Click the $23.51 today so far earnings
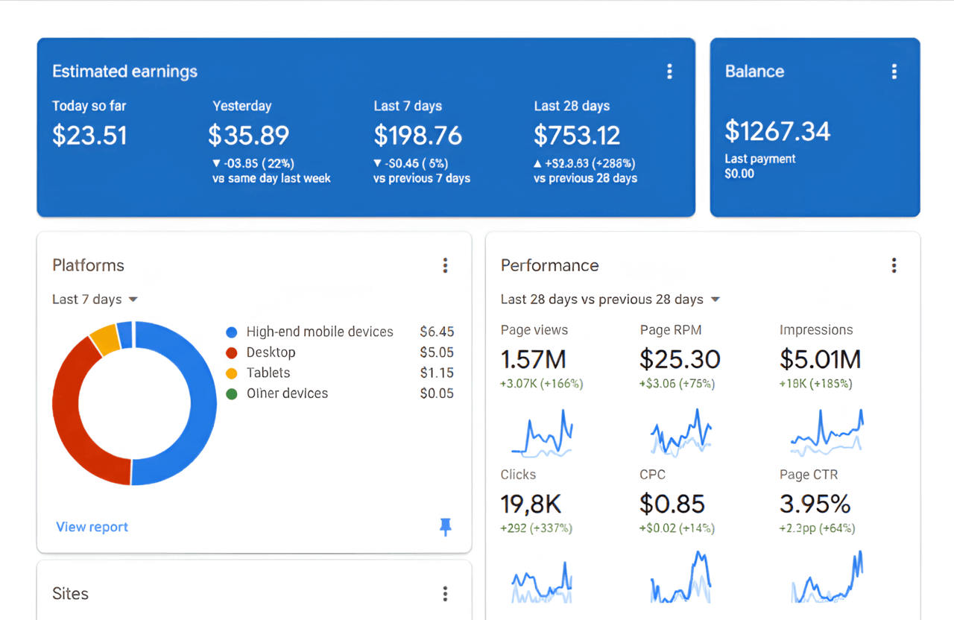(89, 136)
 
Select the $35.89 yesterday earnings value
(248, 136)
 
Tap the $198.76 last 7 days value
(417, 136)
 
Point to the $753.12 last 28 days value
(577, 136)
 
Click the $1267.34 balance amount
(777, 132)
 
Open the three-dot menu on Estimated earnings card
(669, 72)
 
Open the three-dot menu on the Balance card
(894, 72)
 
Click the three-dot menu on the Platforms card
(445, 265)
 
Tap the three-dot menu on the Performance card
(894, 265)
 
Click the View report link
(92, 527)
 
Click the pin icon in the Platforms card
(445, 528)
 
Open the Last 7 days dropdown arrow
(133, 300)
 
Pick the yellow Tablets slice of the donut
(105, 340)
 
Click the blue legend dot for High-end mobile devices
(232, 332)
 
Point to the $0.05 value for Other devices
(436, 393)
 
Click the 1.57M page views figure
(533, 359)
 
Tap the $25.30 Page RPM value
(680, 359)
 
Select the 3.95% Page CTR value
(815, 504)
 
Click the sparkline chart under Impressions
(826, 433)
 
